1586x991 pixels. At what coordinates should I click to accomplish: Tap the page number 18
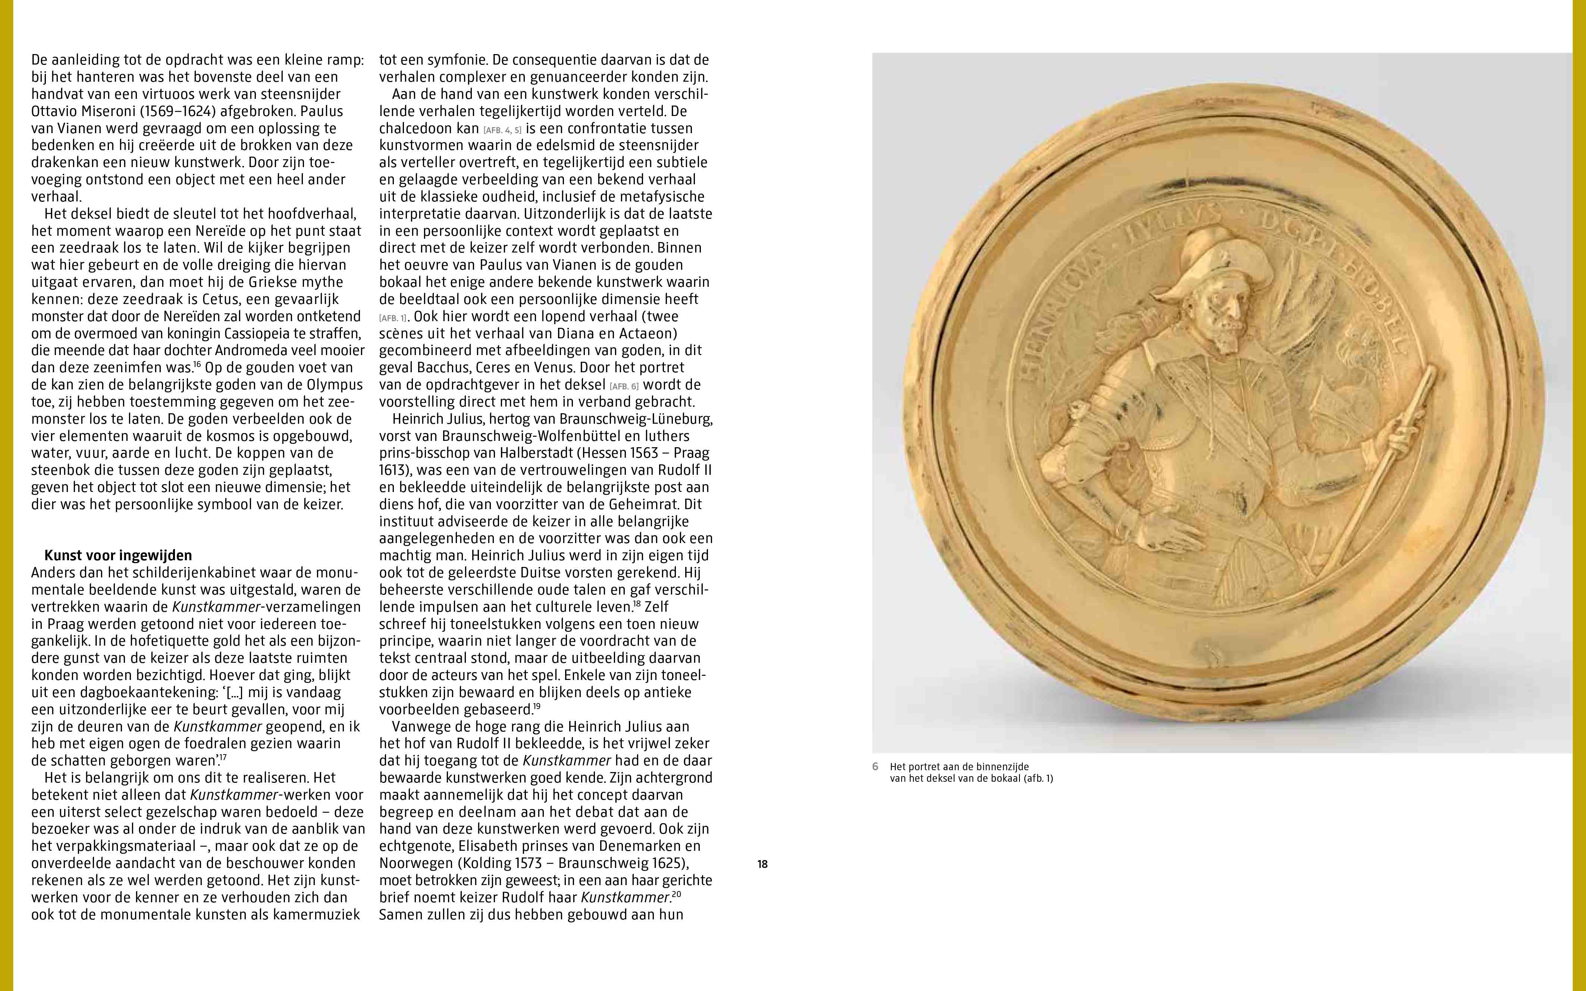click(762, 864)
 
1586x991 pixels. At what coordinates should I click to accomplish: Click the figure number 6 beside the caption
click(875, 766)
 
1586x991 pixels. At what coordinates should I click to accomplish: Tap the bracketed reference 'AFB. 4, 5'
click(503, 130)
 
